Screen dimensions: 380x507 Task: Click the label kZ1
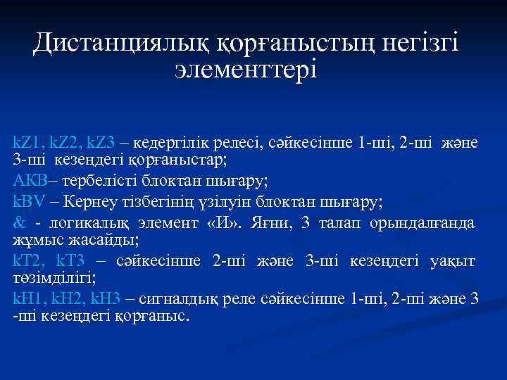coord(27,144)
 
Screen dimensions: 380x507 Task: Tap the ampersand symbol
coord(19,224)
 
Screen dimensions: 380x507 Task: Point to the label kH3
coord(106,299)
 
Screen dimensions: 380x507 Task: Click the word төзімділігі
coord(53,278)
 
